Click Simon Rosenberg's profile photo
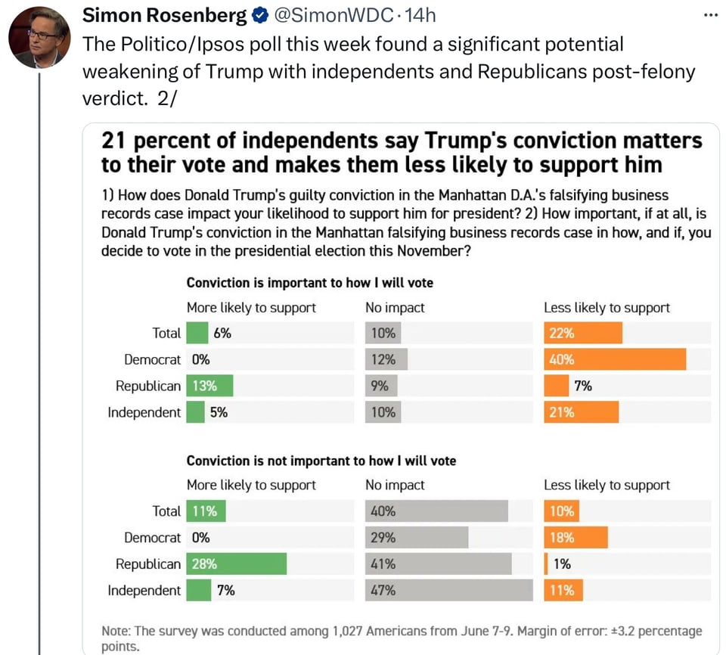tap(39, 37)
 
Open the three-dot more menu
tap(710, 15)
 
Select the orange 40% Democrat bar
tap(614, 359)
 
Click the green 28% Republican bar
tap(236, 563)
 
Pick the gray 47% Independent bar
tap(448, 590)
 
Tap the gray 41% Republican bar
tap(438, 563)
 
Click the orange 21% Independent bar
tap(581, 412)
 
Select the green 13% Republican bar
tap(209, 386)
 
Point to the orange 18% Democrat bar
tap(576, 538)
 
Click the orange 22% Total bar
tap(582, 333)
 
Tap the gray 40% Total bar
tap(436, 511)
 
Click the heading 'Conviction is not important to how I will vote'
tap(321, 460)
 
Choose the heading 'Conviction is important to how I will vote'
tap(309, 283)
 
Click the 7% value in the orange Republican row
tap(582, 386)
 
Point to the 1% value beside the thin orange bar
tap(561, 563)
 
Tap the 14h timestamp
tap(420, 15)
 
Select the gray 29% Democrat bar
tap(417, 538)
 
